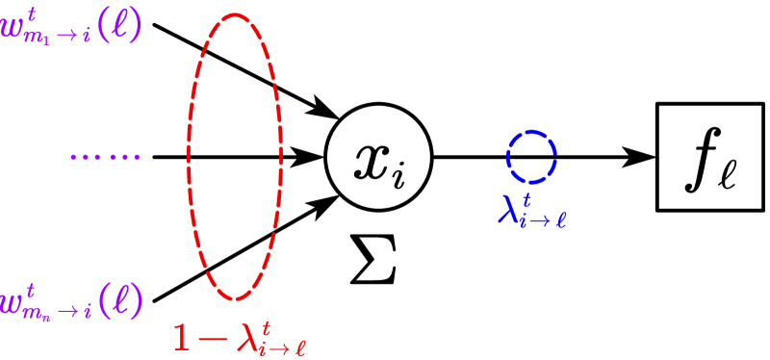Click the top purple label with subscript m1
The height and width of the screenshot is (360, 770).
pos(69,27)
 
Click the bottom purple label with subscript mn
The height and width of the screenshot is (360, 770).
pos(69,301)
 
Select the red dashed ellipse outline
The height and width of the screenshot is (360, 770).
pos(189,154)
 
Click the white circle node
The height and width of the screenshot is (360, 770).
pos(377,156)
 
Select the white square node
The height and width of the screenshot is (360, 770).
pos(704,156)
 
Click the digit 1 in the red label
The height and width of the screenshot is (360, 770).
pos(182,337)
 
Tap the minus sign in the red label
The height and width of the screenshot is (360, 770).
pos(213,337)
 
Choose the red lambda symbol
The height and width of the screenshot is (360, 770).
pos(245,336)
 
